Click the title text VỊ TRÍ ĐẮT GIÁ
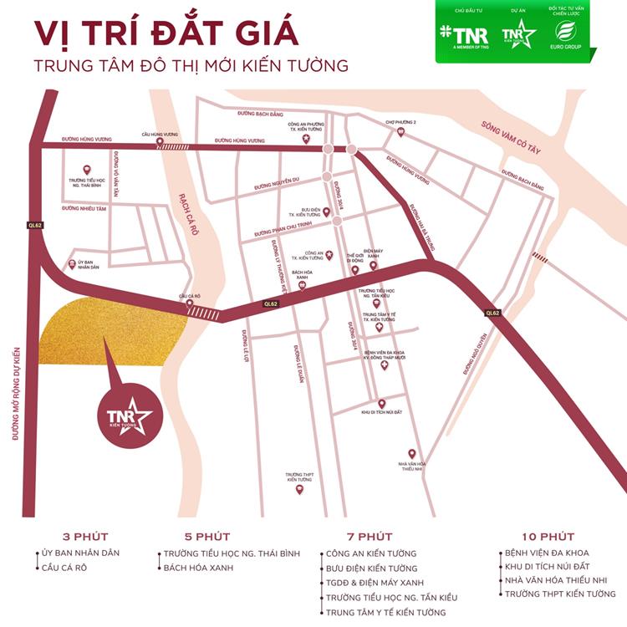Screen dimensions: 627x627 [166, 33]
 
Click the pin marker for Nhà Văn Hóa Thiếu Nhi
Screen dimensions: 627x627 [411, 453]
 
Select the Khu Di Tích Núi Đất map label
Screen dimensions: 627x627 [381, 413]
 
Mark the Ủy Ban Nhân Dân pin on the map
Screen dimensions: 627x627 [71, 263]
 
